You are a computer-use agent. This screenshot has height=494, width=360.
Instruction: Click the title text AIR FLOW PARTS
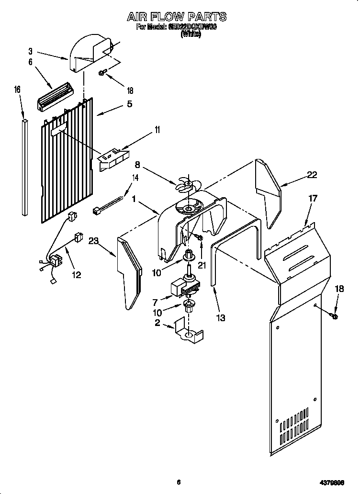coord(177,17)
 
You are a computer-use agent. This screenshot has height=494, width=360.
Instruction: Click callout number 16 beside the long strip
coord(17,90)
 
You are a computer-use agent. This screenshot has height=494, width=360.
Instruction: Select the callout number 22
coord(312,175)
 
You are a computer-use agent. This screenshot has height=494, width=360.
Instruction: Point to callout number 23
coord(93,242)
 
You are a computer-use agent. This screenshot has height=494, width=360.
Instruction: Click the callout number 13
coord(221,317)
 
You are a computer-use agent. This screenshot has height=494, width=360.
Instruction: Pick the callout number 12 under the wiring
coord(76,275)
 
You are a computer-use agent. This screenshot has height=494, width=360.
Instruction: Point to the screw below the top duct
coord(102,73)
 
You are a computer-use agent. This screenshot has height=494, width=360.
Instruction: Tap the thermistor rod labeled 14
coord(108,201)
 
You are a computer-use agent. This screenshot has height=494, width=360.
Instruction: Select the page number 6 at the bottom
coord(178,482)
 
